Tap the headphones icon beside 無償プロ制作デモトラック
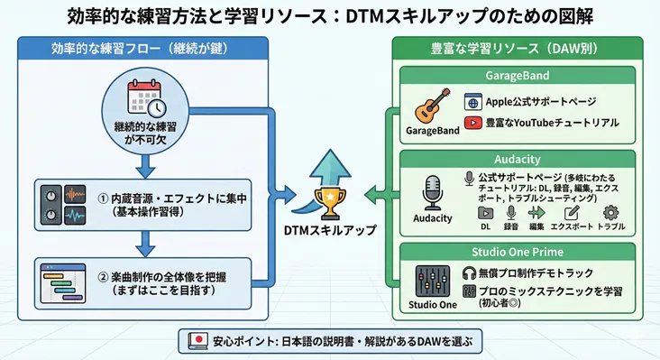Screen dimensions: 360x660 (468, 272)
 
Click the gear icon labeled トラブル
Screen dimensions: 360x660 (612, 213)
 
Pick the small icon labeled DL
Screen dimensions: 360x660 (486, 213)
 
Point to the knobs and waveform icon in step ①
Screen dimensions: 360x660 (64, 205)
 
